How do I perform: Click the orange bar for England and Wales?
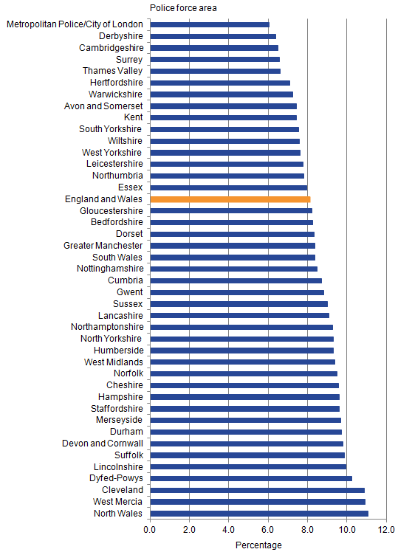tap(230, 199)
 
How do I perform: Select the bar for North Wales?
tap(258, 514)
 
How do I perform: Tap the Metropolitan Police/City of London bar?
tap(210, 24)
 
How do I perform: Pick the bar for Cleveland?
tap(257, 490)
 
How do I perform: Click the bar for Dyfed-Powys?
tap(251, 478)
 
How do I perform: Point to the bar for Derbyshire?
tap(213, 36)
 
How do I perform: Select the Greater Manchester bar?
tap(233, 246)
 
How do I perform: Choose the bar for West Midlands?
tap(242, 362)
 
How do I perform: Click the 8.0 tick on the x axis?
tap(307, 529)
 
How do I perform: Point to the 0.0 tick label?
tap(150, 529)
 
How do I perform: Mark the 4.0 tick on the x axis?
tap(229, 529)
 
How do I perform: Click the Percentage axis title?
tap(258, 545)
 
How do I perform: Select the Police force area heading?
tap(183, 8)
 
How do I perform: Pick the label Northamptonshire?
tap(107, 327)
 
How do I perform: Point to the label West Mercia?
tap(118, 502)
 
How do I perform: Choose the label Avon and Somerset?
tap(104, 106)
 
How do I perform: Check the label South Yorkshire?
tap(111, 129)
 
